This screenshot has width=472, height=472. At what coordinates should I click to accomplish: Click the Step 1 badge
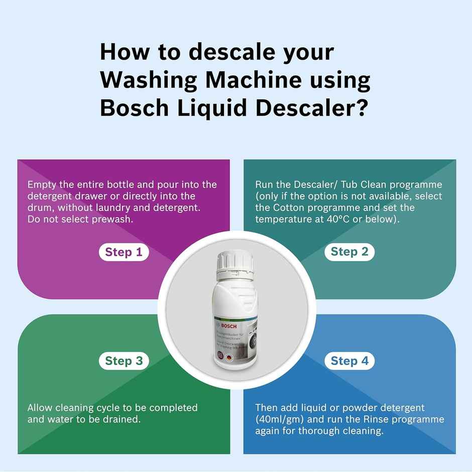(x=124, y=252)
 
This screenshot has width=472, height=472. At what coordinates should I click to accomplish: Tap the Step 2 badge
(x=349, y=252)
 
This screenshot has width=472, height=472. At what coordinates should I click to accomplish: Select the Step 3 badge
(x=124, y=361)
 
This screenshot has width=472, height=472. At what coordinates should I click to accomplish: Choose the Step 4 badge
(x=349, y=361)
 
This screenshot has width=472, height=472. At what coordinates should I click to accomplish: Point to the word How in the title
(x=123, y=52)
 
